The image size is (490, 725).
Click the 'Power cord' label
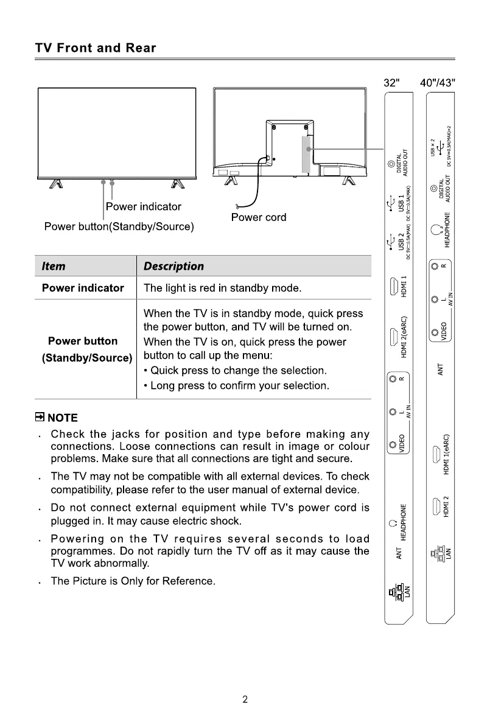[x=259, y=217]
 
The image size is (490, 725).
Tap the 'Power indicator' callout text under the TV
[x=144, y=206]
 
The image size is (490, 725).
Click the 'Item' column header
[x=54, y=266]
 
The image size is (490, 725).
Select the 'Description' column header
[x=173, y=266]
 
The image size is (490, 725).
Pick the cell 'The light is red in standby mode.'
[x=222, y=288]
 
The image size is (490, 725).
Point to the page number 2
[x=245, y=699]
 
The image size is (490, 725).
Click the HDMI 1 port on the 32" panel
[x=394, y=285]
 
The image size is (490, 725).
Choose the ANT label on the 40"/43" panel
[x=441, y=369]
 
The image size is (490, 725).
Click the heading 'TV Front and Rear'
[x=96, y=48]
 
